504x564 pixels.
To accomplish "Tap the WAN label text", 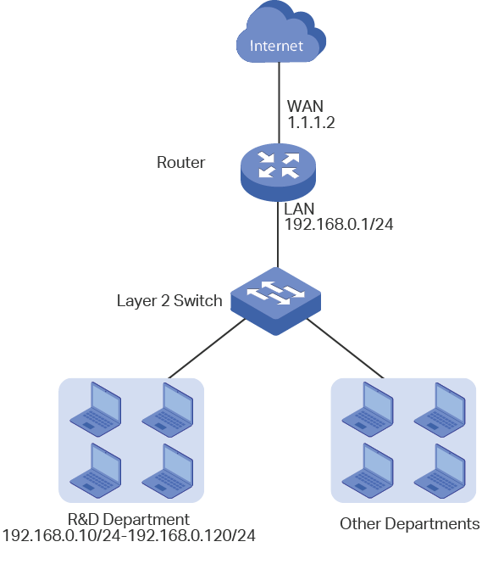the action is (305, 106).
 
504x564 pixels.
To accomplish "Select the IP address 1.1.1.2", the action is (311, 122).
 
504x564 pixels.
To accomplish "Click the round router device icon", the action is (278, 172).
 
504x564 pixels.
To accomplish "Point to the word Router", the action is (180, 162).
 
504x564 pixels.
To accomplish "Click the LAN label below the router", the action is (299, 209).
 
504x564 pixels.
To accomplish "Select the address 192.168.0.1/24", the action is (339, 224).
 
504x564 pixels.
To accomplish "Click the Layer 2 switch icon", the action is (275, 301).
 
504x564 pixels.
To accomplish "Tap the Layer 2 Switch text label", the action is (169, 301).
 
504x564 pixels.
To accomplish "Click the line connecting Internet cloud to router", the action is (280, 103).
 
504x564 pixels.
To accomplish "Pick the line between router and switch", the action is (278, 235).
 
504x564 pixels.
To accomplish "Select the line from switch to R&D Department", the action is (207, 349).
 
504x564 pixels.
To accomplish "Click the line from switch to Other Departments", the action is (346, 349).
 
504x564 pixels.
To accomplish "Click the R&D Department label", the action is (128, 519).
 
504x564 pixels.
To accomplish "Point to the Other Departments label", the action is (409, 524).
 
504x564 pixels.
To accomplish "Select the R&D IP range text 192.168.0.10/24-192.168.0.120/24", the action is (129, 535).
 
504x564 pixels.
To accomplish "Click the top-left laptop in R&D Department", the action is (95, 410).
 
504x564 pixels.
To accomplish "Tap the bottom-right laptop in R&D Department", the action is (168, 471).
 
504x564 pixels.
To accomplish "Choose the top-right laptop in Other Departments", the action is (440, 410).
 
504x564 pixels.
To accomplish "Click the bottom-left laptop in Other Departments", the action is (368, 471).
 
